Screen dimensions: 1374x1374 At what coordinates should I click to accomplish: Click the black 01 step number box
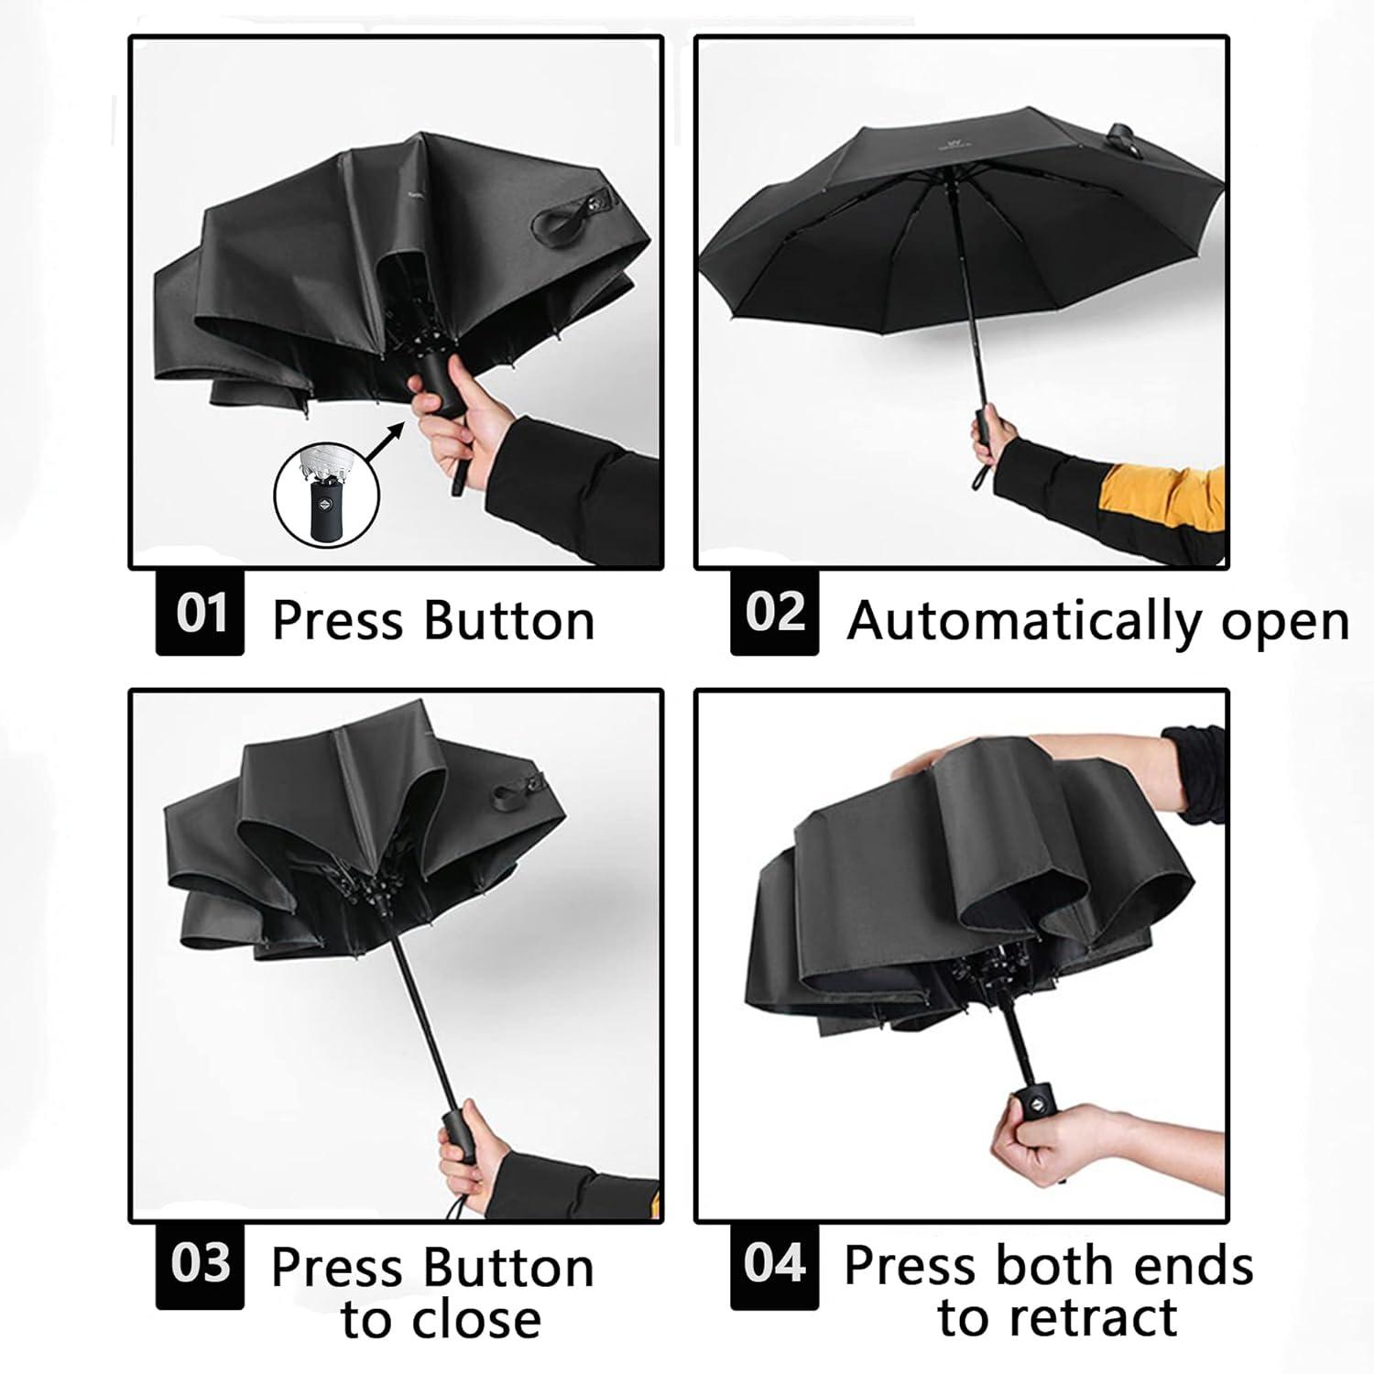(200, 613)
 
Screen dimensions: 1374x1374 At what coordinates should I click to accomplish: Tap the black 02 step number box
(774, 613)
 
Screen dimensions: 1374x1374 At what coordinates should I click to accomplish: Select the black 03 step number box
(200, 1265)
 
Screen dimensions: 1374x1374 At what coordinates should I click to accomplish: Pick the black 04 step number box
(774, 1265)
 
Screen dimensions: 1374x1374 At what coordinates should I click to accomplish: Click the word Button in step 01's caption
(509, 621)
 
